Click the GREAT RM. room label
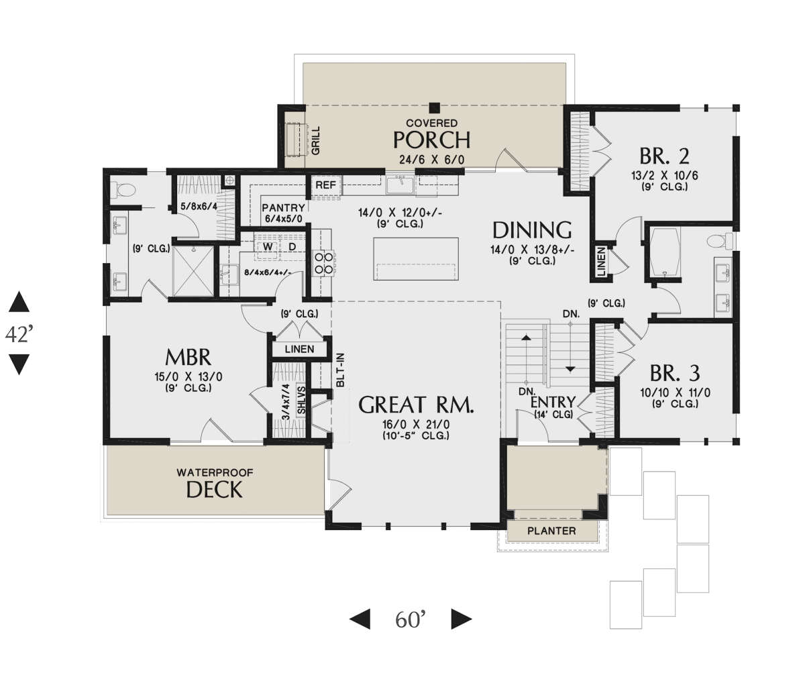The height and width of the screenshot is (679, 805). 417,405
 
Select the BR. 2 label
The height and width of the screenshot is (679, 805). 664,156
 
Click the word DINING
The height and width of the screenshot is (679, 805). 532,230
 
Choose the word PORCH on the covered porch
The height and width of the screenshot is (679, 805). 431,140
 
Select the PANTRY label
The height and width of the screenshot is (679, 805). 283,207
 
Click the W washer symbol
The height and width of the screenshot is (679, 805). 267,247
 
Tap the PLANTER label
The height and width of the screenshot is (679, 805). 551,531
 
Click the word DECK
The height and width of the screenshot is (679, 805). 214,490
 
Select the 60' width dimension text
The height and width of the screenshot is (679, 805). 411,619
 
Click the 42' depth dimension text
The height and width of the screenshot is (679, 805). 19,334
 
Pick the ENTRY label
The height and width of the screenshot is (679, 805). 552,403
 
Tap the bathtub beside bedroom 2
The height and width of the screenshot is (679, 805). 663,252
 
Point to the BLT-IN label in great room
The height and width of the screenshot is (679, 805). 341,369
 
